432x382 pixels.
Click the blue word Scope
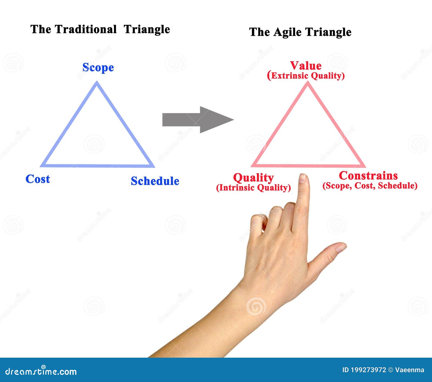tap(98, 67)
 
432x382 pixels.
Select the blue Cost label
tap(38, 179)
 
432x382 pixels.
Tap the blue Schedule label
tap(155, 181)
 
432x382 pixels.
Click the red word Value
tap(306, 66)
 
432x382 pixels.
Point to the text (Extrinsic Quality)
tap(306, 76)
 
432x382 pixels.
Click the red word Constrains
tap(368, 176)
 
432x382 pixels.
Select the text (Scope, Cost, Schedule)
tap(370, 186)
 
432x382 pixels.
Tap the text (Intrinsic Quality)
tap(253, 188)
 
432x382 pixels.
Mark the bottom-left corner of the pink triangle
tap(254, 165)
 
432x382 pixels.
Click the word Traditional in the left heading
tap(86, 29)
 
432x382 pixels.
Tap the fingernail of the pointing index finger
tap(303, 178)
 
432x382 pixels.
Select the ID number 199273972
tap(368, 370)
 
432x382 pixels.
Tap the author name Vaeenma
tap(410, 370)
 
